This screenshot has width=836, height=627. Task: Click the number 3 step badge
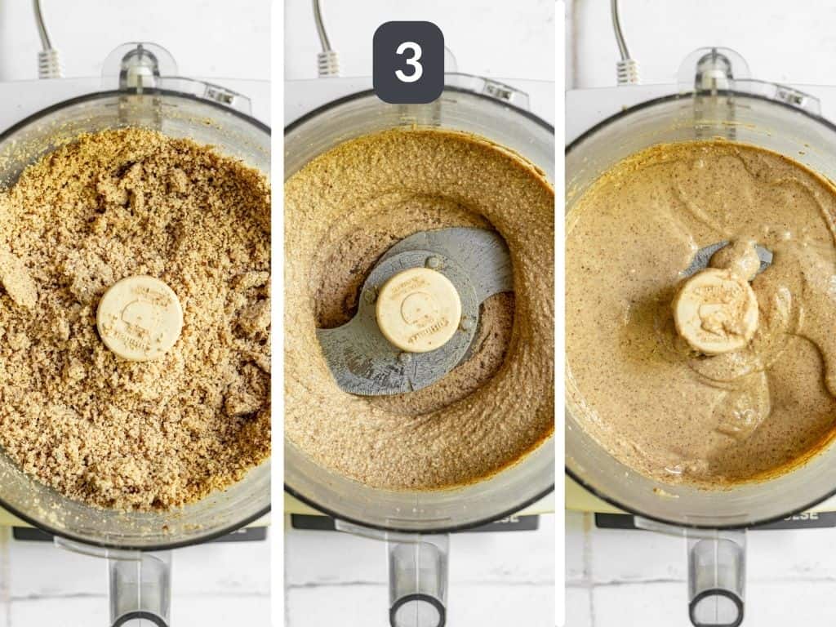(408, 62)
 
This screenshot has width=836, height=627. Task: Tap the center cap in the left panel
(140, 318)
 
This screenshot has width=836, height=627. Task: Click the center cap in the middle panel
(418, 309)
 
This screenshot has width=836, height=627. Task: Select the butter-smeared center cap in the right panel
(716, 311)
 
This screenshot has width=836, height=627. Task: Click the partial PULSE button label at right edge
(816, 518)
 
